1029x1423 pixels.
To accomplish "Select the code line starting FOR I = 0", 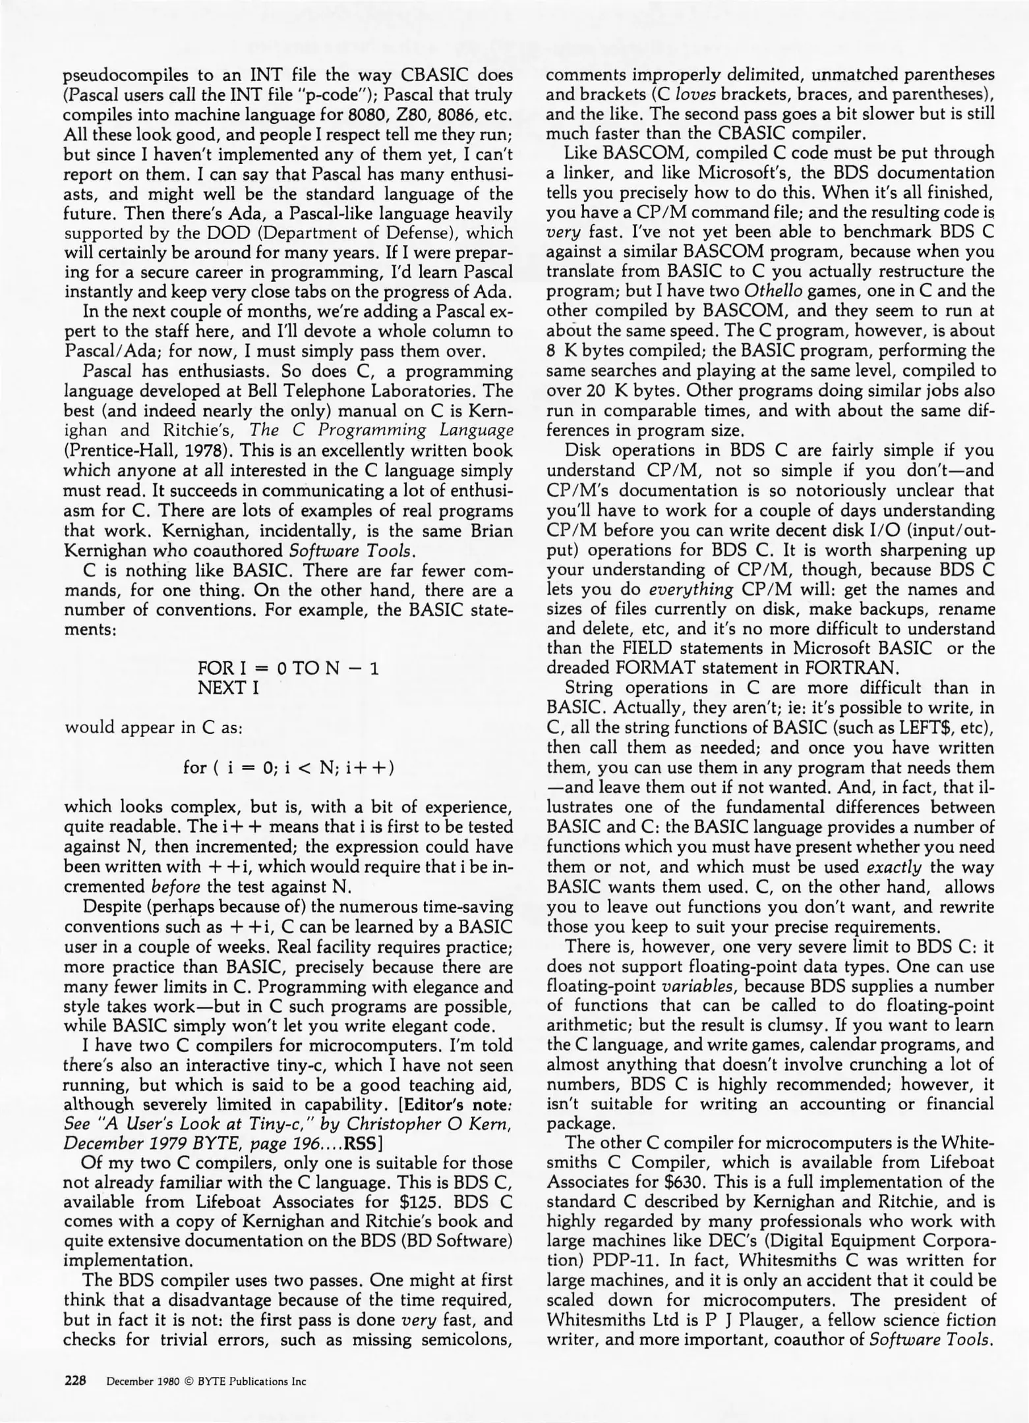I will click(x=289, y=669).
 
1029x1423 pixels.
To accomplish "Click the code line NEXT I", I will click(x=228, y=688).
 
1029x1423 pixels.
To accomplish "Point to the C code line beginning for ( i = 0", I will click(x=289, y=767).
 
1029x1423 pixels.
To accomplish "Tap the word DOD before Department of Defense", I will click(x=216, y=233).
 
